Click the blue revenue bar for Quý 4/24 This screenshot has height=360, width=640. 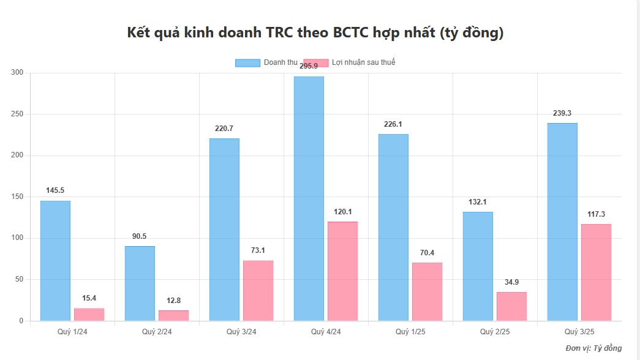click(x=309, y=198)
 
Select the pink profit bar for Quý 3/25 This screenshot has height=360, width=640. click(x=596, y=272)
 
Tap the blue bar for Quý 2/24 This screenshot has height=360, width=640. click(x=140, y=283)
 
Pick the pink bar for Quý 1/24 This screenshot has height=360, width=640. click(x=89, y=315)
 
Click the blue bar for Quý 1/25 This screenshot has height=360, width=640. click(x=393, y=227)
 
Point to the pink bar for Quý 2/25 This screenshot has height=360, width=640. click(x=511, y=306)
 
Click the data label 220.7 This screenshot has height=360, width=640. click(x=224, y=129)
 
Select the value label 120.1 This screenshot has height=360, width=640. click(x=343, y=212)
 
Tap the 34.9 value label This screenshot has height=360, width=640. click(x=511, y=282)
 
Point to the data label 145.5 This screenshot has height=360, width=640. click(x=55, y=191)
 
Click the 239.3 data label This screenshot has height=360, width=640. click(x=562, y=113)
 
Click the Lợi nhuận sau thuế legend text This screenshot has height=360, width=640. click(x=363, y=62)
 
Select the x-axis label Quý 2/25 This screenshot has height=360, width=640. click(x=495, y=332)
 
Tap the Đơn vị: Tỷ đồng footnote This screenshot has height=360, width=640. click(x=593, y=348)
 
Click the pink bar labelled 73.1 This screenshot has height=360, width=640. click(x=258, y=291)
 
